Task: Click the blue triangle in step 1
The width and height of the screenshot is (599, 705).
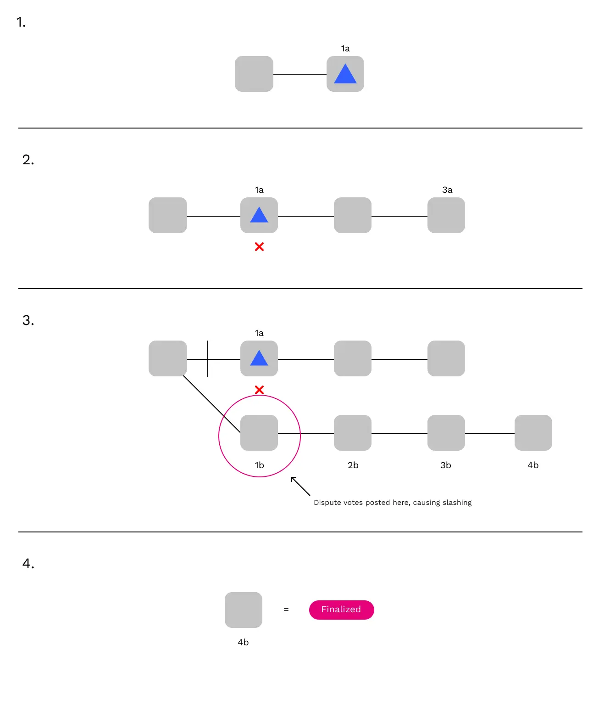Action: tap(345, 75)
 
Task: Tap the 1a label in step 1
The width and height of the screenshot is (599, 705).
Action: tap(345, 49)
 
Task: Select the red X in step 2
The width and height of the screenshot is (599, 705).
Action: tap(259, 247)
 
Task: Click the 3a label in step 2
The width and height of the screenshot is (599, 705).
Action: tap(447, 190)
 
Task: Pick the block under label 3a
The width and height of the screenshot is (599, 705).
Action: tap(446, 215)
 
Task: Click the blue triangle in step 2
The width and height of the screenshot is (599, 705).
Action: tap(259, 215)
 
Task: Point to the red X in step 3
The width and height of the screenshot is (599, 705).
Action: tap(259, 390)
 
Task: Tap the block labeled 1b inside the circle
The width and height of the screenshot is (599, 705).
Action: tap(259, 433)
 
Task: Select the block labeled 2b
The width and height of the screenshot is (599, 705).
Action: tap(353, 433)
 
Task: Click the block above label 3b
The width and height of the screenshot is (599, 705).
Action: tap(446, 433)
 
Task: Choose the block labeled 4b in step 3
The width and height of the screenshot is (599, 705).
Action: tap(533, 433)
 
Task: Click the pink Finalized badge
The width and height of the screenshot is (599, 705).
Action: tap(341, 610)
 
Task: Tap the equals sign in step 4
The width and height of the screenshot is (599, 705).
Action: tap(286, 610)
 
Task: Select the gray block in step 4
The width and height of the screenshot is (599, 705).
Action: tap(244, 610)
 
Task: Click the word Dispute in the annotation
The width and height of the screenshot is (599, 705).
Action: tap(327, 503)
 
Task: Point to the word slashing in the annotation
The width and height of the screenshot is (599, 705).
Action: tap(457, 503)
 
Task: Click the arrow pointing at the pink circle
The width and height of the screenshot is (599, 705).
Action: tap(300, 486)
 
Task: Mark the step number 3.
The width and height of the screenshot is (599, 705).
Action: tap(28, 320)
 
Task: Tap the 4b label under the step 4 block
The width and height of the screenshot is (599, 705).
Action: tap(243, 643)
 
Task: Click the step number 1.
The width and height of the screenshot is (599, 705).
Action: tap(21, 22)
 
